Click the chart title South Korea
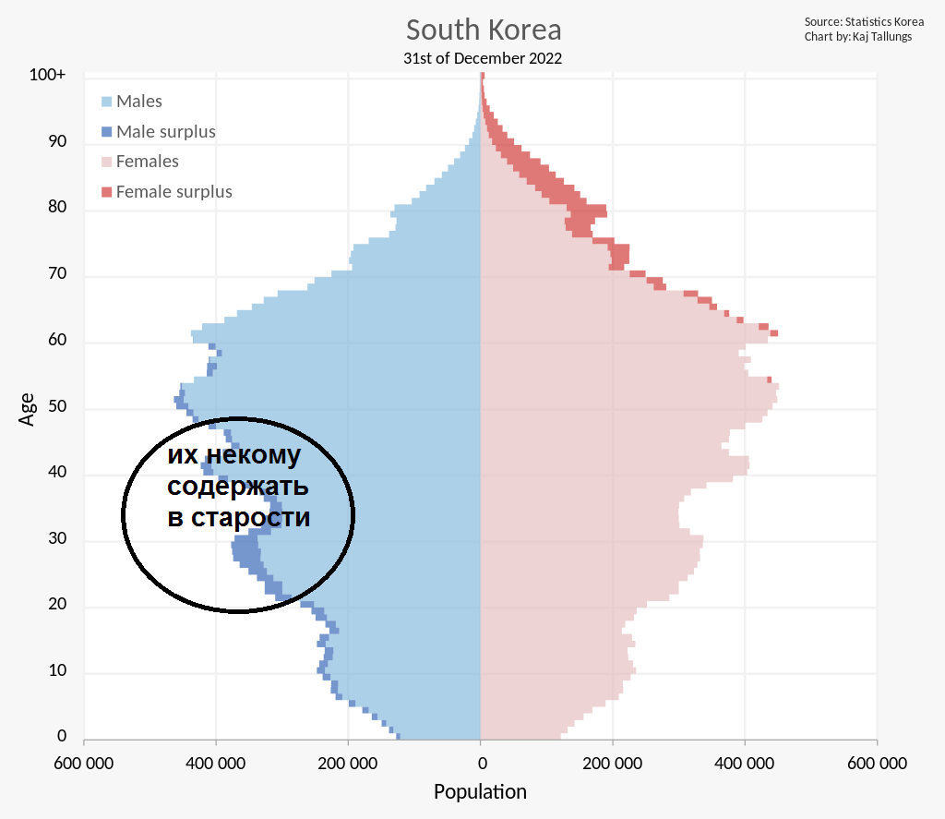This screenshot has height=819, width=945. (484, 30)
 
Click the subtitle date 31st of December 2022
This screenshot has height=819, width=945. (482, 58)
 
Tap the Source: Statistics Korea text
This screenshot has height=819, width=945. (864, 22)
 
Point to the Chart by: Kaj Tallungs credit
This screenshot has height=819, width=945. (858, 36)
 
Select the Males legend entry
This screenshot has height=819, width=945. (132, 102)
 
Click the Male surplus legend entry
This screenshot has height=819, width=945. (159, 131)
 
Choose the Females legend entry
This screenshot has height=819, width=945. (140, 161)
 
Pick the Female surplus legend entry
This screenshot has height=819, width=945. (167, 192)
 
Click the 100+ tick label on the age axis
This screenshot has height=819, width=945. (47, 75)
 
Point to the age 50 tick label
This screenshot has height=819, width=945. (57, 406)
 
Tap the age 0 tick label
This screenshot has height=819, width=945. (62, 736)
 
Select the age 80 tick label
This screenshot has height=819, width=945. (57, 207)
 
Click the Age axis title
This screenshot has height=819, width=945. (27, 410)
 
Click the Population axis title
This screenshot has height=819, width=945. (480, 792)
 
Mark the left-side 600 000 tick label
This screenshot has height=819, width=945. (84, 764)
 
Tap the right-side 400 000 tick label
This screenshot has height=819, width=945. (745, 764)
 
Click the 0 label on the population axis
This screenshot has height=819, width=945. (482, 764)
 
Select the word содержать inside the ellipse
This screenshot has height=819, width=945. (238, 487)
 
